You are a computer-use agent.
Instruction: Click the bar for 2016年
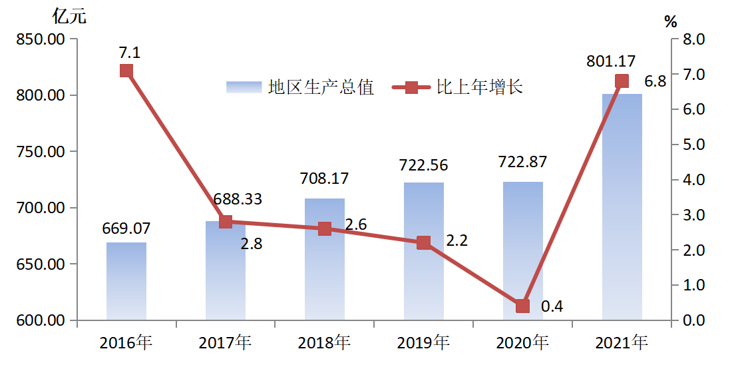click(x=126, y=281)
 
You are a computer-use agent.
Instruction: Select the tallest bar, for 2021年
click(x=622, y=207)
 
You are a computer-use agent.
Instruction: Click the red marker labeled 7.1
click(x=126, y=71)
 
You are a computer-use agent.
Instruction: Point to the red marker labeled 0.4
click(x=523, y=306)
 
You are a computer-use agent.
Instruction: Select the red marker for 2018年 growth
click(x=325, y=228)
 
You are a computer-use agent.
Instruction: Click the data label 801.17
click(x=611, y=61)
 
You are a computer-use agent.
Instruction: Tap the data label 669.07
click(x=126, y=228)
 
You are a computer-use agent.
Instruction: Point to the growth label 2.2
click(x=457, y=240)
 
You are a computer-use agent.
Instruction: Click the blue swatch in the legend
click(x=244, y=87)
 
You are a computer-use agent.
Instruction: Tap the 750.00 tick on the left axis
click(x=42, y=152)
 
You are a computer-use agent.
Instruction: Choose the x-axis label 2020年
click(x=522, y=344)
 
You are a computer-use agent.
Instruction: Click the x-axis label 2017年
click(x=225, y=344)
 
